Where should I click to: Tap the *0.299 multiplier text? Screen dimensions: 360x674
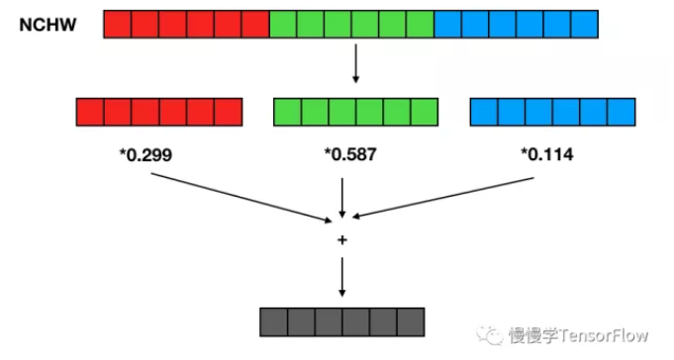coord(145,154)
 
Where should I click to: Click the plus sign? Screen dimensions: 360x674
coord(342,239)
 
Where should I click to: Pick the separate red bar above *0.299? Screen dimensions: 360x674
coord(159,112)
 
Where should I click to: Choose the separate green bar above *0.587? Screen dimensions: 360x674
coord(354,112)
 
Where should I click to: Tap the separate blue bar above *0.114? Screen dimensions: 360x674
coord(551,112)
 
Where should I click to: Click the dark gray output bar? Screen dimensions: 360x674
coord(342,322)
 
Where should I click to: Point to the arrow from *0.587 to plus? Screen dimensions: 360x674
coord(342,197)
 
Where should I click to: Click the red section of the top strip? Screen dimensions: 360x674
coord(186,24)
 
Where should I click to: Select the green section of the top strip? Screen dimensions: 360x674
coord(351,24)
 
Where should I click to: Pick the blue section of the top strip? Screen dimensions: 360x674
coord(516,24)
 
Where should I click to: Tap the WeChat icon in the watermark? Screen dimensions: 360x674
coord(491,334)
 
